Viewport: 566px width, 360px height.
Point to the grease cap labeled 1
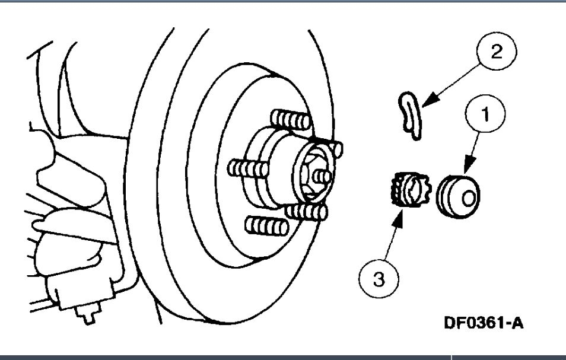(459, 194)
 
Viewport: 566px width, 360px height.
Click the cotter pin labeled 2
(409, 115)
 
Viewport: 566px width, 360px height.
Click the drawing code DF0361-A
(484, 324)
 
